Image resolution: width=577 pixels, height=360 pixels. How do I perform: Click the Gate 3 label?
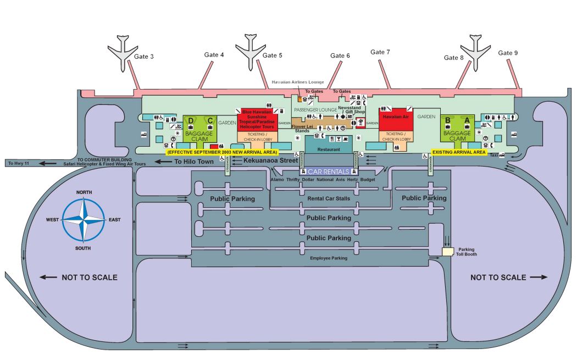(x=144, y=57)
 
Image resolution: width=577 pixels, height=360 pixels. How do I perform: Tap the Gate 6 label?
(x=340, y=56)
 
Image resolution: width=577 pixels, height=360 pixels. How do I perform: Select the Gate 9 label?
(x=508, y=53)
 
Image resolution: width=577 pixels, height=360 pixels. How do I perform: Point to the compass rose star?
(x=84, y=220)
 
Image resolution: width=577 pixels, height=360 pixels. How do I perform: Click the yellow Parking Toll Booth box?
(x=448, y=251)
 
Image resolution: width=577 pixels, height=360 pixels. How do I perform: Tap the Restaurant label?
(x=328, y=149)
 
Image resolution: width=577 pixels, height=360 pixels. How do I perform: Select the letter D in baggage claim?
(x=191, y=120)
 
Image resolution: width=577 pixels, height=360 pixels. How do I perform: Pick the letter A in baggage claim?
(x=467, y=120)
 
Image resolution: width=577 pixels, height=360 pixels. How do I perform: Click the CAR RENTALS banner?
(x=328, y=171)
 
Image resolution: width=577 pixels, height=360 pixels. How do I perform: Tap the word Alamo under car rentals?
(x=278, y=180)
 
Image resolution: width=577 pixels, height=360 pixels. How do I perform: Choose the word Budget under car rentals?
(x=368, y=180)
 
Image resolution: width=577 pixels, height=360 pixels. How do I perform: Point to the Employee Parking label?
(x=329, y=258)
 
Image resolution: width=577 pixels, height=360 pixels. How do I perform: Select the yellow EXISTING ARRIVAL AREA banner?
(x=459, y=151)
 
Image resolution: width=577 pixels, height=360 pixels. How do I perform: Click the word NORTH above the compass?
(x=84, y=192)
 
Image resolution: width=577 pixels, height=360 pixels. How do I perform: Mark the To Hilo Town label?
(x=193, y=162)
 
